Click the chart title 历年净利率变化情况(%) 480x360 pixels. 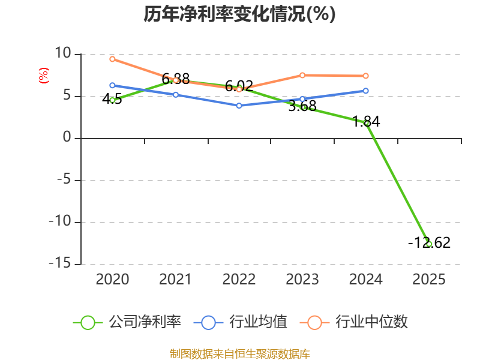click(239, 14)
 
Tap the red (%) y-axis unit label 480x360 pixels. click(43, 76)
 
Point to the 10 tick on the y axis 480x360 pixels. click(62, 54)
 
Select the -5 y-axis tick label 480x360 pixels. click(62, 180)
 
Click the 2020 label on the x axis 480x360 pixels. click(112, 280)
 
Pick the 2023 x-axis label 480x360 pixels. click(302, 280)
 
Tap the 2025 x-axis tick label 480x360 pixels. click(429, 280)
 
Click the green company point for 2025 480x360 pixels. click(429, 244)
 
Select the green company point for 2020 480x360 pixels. click(112, 100)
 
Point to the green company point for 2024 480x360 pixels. click(366, 123)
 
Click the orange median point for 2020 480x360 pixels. click(112, 59)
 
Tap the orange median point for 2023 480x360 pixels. click(302, 75)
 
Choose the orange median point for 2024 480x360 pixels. click(366, 76)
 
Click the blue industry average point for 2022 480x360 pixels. click(239, 106)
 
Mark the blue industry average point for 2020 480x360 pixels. click(112, 85)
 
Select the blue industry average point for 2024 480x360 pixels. click(366, 91)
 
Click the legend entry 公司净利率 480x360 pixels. click(127, 322)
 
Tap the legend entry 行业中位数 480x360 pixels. click(358, 322)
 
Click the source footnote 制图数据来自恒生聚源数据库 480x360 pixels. click(239, 353)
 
